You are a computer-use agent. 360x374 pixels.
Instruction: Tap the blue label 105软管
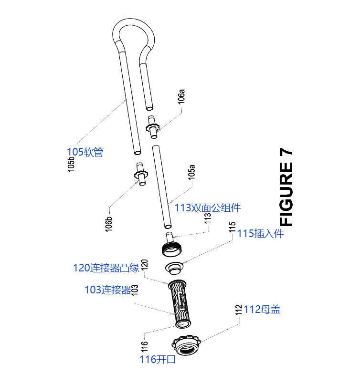85,152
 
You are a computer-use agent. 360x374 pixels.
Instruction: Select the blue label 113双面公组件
207,208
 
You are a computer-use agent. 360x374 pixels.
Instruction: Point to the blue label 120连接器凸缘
106,268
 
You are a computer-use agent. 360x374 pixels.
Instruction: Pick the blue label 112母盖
262,310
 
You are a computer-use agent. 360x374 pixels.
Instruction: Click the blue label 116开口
158,359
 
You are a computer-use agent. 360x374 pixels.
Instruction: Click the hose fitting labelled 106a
152,126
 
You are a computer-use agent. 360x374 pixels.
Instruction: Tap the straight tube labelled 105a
161,186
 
